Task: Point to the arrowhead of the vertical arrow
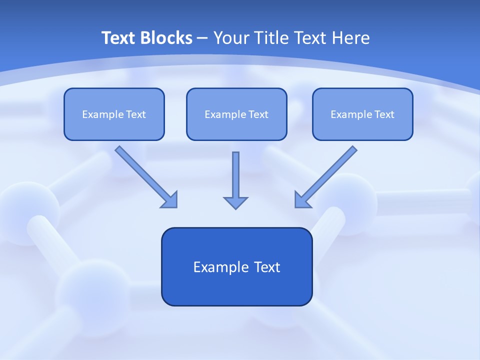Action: click(235, 202)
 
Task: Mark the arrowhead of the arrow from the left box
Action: click(170, 199)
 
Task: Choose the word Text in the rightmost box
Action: click(384, 114)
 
